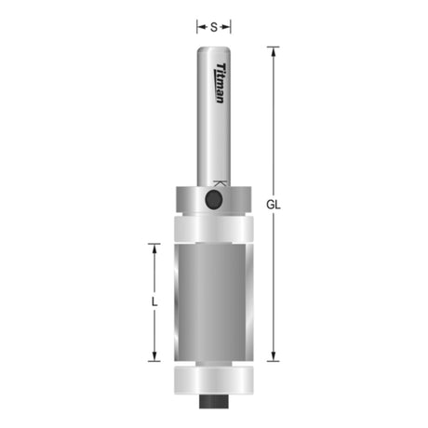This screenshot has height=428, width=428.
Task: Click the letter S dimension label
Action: (214, 27)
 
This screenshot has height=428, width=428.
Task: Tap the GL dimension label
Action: (274, 205)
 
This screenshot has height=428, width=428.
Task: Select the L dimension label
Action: (154, 301)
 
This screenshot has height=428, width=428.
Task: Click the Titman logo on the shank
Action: (221, 83)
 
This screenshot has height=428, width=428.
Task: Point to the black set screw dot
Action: (214, 199)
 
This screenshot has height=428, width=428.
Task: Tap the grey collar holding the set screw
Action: (214, 200)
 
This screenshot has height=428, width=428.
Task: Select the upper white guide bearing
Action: (214, 229)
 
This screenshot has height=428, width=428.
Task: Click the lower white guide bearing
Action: (214, 381)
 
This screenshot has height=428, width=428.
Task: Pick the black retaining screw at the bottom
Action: (214, 401)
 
